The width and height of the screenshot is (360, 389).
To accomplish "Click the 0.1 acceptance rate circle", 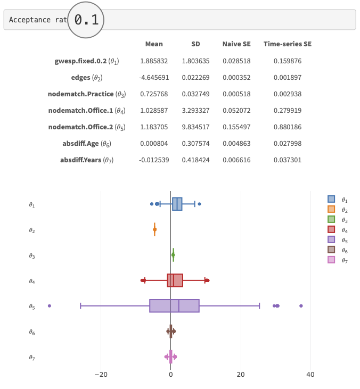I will (86, 20).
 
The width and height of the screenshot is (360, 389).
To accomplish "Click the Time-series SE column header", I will (288, 44).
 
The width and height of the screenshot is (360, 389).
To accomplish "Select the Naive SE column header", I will (236, 44).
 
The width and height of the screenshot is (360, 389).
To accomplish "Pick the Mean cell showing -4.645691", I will (154, 78).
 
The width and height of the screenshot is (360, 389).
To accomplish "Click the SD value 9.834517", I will (195, 127).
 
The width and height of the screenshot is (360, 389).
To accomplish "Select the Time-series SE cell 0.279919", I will (288, 111).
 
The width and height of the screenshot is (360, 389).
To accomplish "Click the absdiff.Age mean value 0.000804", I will (154, 144).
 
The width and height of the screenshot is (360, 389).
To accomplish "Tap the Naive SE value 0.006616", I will (236, 160).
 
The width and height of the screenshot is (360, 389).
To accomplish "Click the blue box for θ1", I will (177, 204).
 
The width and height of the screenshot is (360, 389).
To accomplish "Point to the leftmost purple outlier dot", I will (50, 305).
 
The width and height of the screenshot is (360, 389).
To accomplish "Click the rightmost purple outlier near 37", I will (301, 305).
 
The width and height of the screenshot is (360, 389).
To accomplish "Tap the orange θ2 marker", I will (154, 229).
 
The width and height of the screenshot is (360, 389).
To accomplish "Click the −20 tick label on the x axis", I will (101, 375).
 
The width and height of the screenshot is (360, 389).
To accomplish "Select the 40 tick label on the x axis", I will (310, 375).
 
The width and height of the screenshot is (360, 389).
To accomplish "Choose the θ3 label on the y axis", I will (32, 255).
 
